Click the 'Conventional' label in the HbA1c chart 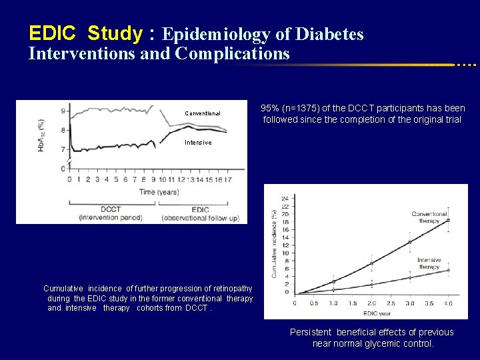203,113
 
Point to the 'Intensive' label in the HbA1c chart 198,143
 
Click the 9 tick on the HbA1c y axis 63,111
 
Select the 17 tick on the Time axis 227,179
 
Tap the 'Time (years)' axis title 159,192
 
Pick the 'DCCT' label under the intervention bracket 99,209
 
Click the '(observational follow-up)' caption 201,218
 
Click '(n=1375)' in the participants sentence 307,108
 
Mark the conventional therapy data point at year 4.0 448,220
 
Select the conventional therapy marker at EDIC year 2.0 371,263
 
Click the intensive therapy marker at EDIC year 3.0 409,278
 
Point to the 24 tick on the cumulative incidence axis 285,198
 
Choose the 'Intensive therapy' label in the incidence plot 429,264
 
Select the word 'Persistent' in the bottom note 311,332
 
